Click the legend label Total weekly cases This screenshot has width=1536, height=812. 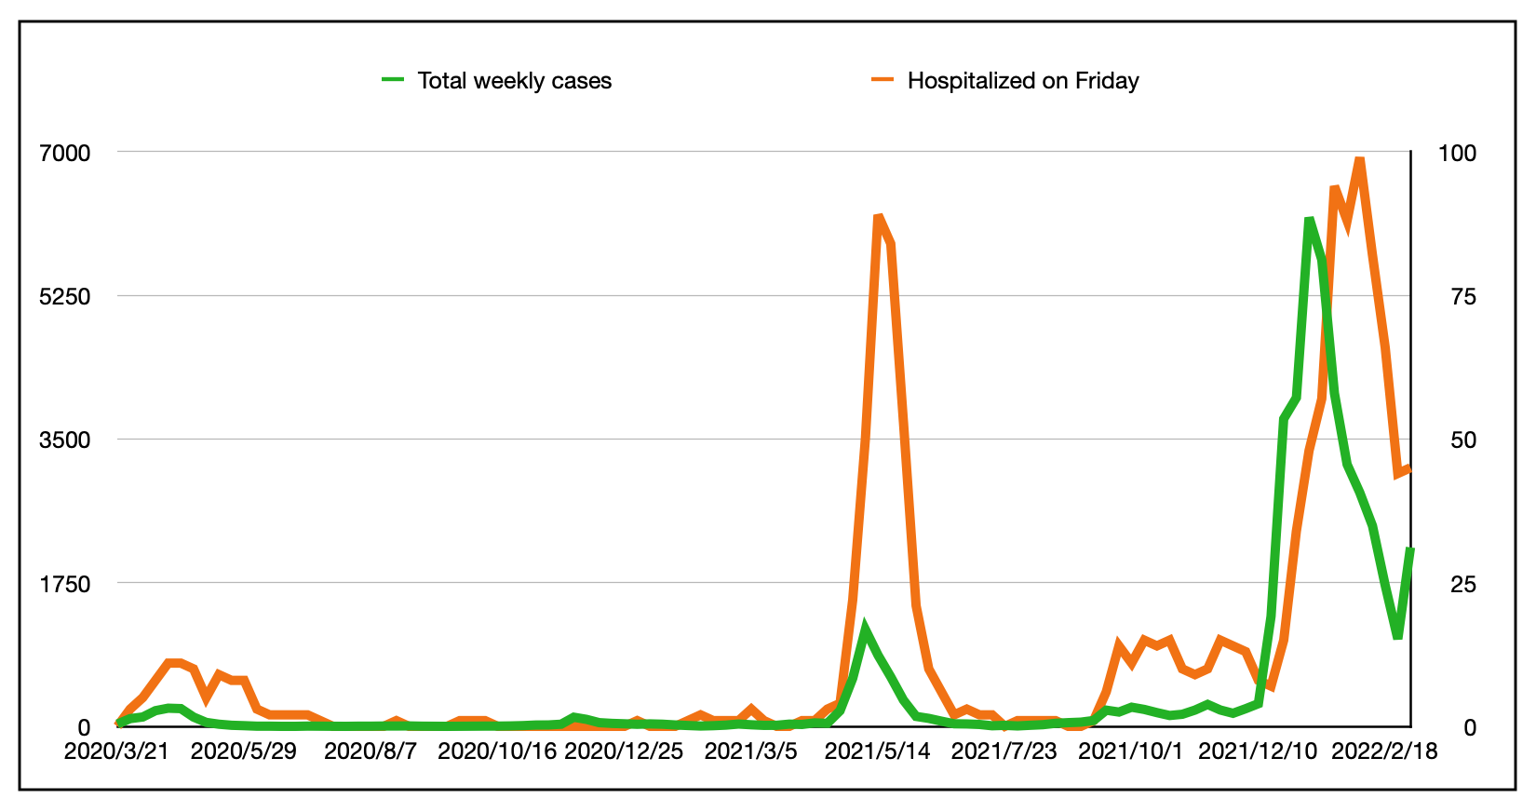pos(514,81)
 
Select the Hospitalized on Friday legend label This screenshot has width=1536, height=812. pos(1022,81)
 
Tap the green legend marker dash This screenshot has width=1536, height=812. pos(393,80)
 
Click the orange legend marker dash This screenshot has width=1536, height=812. pos(883,80)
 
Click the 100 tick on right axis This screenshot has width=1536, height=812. pos(1457,153)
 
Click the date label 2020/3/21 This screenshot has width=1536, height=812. pos(116,751)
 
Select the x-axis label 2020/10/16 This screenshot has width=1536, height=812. pos(496,751)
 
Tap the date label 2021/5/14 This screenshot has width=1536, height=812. pos(877,751)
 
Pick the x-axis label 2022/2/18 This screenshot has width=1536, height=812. pos(1383,751)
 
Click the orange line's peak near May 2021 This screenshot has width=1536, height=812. pos(878,217)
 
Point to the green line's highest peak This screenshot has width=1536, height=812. pos(1309,220)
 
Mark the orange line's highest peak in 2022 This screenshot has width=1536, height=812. pos(1360,159)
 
